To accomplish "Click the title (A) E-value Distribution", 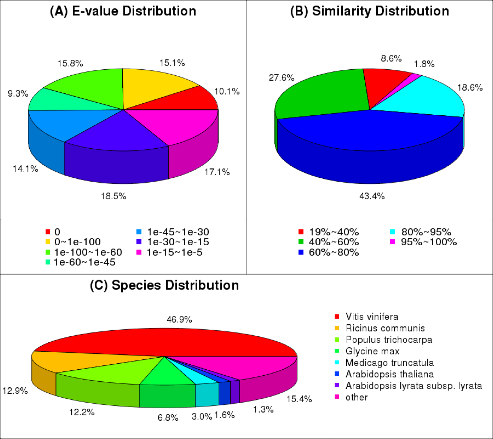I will point(123,11).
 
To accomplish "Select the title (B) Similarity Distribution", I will point(370,11).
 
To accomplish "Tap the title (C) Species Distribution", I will point(164,285).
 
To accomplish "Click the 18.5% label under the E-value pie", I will point(114,196).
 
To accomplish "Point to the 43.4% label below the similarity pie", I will point(372,196).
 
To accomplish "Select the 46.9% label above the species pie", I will point(179,319).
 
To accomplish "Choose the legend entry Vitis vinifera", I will point(372,316).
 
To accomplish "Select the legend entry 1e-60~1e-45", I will point(85,262).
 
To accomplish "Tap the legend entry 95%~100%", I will point(429,242).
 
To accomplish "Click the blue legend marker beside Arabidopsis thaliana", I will point(337,374).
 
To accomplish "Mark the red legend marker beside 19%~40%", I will point(301,232).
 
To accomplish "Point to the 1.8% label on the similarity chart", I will point(424,64).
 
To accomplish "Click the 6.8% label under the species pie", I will point(168,418).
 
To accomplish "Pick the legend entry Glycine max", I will point(372,351).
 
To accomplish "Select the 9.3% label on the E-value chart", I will point(18,93).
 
